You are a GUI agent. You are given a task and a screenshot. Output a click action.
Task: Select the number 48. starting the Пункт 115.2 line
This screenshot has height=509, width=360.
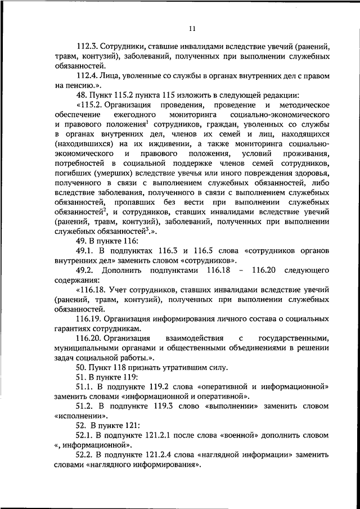(x=83, y=95)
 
